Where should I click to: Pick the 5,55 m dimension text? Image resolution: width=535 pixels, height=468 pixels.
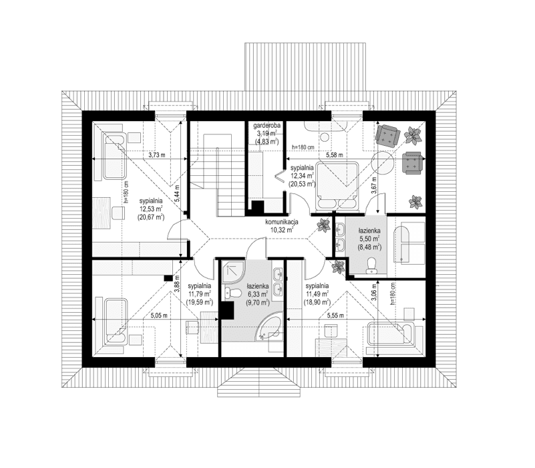pyautogui.click(x=335, y=315)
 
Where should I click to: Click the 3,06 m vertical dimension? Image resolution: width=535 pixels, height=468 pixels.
pyautogui.click(x=374, y=294)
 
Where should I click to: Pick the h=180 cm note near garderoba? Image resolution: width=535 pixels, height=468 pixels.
pyautogui.click(x=304, y=147)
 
